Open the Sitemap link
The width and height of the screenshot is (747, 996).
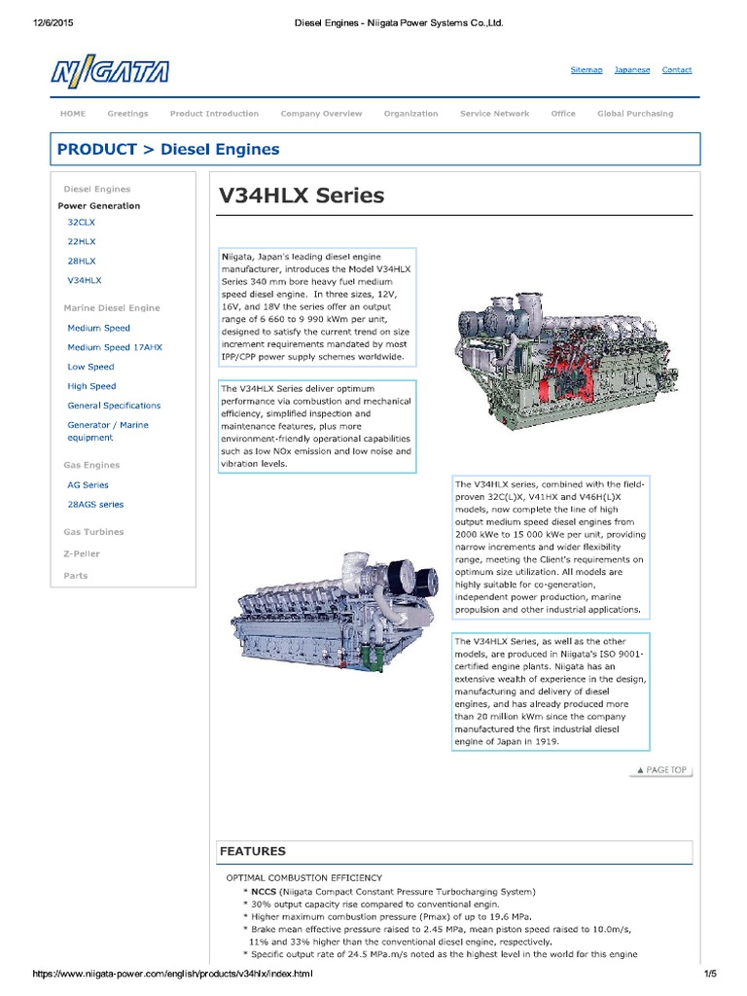coord(586,70)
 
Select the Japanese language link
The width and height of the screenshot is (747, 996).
coord(632,70)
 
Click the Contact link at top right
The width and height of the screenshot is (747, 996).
coord(676,70)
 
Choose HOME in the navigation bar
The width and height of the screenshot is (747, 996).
coord(73,114)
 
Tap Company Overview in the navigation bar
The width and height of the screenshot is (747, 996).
coord(321,114)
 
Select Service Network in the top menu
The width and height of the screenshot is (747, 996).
coord(494,114)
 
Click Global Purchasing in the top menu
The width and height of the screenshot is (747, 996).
coord(634,114)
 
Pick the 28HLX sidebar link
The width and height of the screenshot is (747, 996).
coord(82,261)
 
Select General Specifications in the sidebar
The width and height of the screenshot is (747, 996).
coord(114,406)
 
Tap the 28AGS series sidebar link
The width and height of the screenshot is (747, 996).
coord(95,505)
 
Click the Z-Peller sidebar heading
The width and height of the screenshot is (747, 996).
coord(82,553)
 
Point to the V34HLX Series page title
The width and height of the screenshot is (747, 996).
coord(302,196)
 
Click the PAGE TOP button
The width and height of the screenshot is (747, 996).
coord(661,770)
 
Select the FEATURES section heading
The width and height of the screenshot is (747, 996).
coord(253,851)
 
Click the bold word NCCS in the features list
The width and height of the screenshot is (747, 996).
coord(263,891)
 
